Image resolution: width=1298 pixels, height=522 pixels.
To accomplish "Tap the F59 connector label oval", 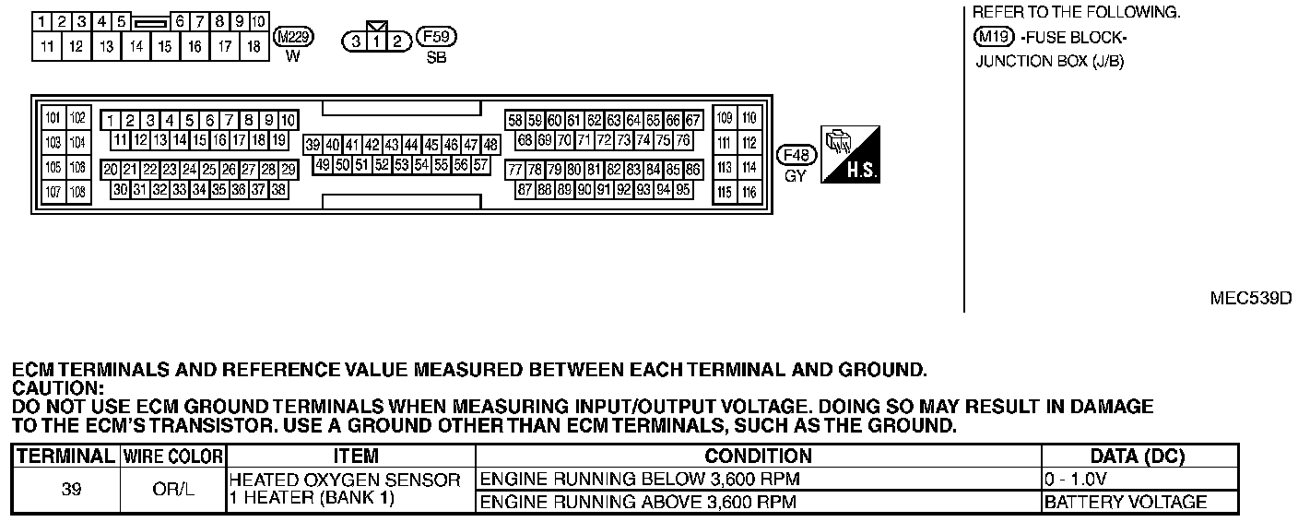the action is [437, 38].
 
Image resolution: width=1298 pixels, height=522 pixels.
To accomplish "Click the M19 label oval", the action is [994, 38].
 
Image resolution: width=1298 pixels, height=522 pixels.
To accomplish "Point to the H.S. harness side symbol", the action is [850, 153].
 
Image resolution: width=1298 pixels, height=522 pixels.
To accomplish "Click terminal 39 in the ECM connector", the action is [313, 145].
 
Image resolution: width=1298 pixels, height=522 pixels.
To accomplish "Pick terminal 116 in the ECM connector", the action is [749, 192].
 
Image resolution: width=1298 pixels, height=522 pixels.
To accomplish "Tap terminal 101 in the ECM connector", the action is [53, 118].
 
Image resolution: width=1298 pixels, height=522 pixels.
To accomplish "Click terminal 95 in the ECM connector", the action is [683, 189].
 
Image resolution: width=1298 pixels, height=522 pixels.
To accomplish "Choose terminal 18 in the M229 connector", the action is [254, 45].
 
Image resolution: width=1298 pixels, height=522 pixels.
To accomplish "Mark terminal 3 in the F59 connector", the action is [355, 42].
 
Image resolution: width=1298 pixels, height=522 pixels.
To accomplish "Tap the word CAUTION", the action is [55, 388].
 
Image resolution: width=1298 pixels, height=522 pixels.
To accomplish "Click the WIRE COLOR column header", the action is [173, 457].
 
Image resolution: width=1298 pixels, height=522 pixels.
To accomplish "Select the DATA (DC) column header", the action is [1138, 457].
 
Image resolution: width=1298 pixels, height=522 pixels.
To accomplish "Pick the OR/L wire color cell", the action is [173, 490].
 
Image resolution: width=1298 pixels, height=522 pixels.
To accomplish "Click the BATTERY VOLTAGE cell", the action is [1126, 503].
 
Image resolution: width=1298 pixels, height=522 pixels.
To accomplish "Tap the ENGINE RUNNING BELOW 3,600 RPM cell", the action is [641, 480].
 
